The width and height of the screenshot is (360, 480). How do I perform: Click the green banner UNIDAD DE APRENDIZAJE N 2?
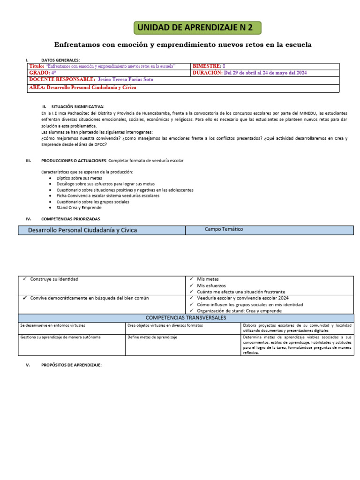(197, 28)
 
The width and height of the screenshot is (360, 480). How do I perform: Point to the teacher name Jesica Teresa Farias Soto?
(125, 80)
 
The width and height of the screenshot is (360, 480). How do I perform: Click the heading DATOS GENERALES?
(60, 60)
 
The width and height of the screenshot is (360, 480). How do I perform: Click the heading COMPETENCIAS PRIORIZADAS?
(70, 219)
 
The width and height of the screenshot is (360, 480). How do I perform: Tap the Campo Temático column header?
(224, 229)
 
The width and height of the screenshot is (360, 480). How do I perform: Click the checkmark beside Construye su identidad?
(24, 279)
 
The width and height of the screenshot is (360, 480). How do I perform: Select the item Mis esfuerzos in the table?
(211, 285)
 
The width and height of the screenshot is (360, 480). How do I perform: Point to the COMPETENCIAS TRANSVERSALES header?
(186, 318)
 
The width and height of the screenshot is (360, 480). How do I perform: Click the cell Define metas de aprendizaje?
(152, 337)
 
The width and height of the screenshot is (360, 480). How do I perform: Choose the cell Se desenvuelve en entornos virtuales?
(52, 325)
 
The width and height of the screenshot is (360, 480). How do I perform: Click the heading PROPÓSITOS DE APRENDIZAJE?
(71, 365)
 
